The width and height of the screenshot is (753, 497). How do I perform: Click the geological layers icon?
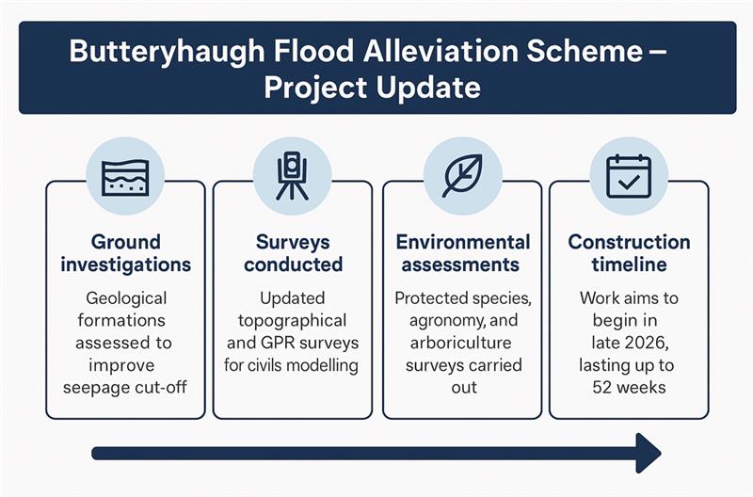(125, 176)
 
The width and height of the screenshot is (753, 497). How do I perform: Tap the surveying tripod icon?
(292, 176)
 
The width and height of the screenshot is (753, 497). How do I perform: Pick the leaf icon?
(462, 176)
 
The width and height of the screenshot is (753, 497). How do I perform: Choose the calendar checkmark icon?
(629, 176)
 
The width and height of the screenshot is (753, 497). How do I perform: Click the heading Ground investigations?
(125, 253)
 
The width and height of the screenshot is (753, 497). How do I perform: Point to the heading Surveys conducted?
(293, 253)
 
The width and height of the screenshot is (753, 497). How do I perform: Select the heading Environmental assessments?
(462, 253)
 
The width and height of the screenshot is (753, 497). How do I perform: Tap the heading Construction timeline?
(629, 253)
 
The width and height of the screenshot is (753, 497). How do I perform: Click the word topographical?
(293, 321)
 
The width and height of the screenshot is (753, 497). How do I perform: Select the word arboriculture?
(462, 343)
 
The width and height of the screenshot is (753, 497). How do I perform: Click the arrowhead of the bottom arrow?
(648, 454)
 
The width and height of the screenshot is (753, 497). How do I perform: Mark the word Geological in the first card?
(125, 298)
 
